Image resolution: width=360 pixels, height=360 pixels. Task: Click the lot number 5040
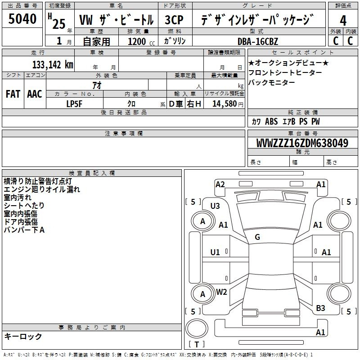click(x=22, y=20)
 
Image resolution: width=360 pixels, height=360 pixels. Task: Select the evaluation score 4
click(x=343, y=21)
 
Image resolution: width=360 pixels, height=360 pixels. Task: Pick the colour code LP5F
click(x=75, y=103)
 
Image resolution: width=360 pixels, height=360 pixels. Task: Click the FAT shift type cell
click(x=13, y=94)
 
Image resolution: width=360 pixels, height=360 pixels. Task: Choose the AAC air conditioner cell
click(x=35, y=94)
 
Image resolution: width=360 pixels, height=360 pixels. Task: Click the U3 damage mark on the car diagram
click(x=215, y=206)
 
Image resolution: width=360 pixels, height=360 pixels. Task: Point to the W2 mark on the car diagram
click(x=221, y=292)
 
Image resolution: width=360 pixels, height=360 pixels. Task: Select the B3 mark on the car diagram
click(x=320, y=308)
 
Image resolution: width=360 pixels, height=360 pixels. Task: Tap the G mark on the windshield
click(x=257, y=237)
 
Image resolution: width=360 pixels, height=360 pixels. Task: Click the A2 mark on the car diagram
click(x=220, y=184)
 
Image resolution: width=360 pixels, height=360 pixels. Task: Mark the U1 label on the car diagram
click(x=215, y=252)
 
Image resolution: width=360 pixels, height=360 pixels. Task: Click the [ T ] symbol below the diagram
click(x=197, y=344)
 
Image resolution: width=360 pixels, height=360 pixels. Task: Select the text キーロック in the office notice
click(x=23, y=337)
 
